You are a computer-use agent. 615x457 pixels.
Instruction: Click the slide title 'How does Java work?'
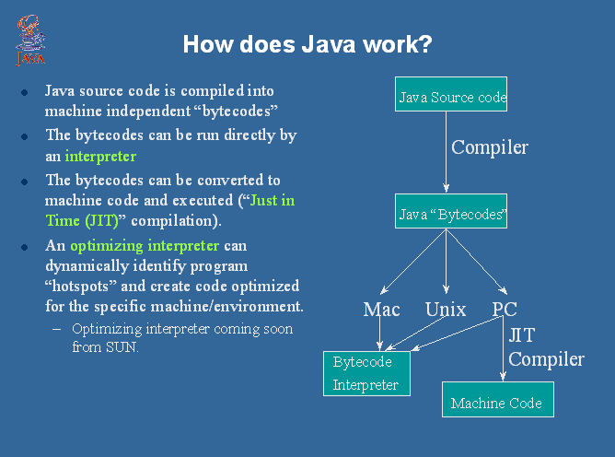(307, 44)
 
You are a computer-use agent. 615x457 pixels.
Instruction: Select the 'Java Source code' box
(452, 95)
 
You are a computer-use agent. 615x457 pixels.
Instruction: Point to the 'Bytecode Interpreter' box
(365, 373)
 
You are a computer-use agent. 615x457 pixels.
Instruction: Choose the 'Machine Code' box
(496, 402)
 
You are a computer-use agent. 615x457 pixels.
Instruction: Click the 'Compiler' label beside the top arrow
(489, 146)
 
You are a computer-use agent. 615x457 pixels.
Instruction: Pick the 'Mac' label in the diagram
(381, 309)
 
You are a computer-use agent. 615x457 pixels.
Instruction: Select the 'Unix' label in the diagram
(446, 309)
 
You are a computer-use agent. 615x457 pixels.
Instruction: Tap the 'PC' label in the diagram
(505, 309)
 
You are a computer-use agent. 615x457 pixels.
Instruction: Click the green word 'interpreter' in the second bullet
(100, 157)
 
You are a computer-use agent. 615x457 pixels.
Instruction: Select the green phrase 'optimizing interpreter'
(145, 246)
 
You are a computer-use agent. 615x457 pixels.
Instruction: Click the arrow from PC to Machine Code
(503, 350)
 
